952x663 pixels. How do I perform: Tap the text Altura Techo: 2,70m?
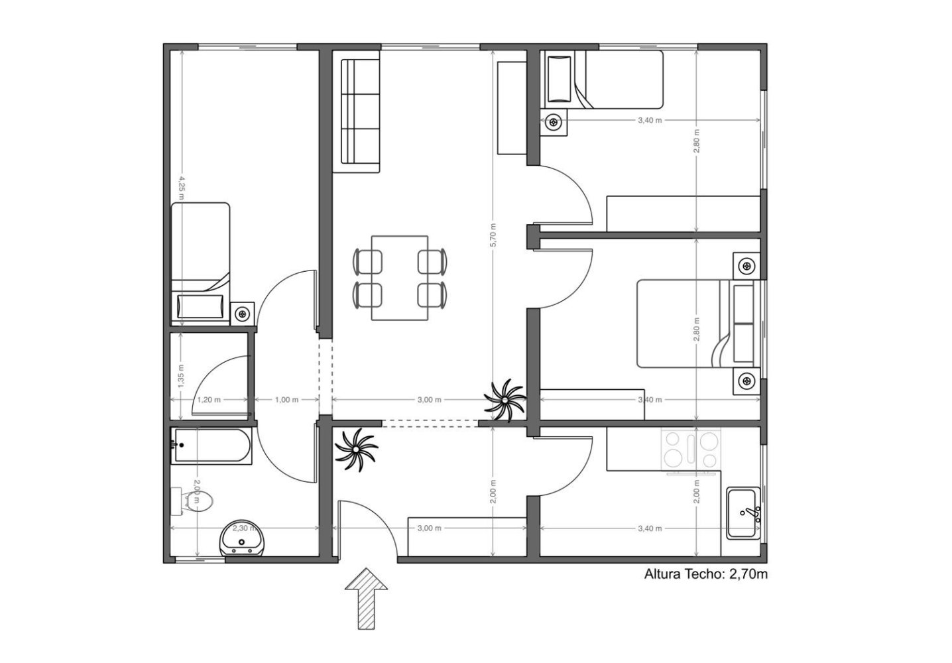(x=705, y=574)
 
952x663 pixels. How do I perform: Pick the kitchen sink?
(x=743, y=512)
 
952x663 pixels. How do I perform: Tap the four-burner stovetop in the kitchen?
(x=691, y=450)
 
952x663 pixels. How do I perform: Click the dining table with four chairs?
(x=400, y=278)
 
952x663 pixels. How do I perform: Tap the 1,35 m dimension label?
(x=181, y=375)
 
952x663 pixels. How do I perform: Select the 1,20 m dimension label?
(x=209, y=400)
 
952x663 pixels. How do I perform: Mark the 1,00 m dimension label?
(x=286, y=400)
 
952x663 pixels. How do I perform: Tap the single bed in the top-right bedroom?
(x=603, y=80)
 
